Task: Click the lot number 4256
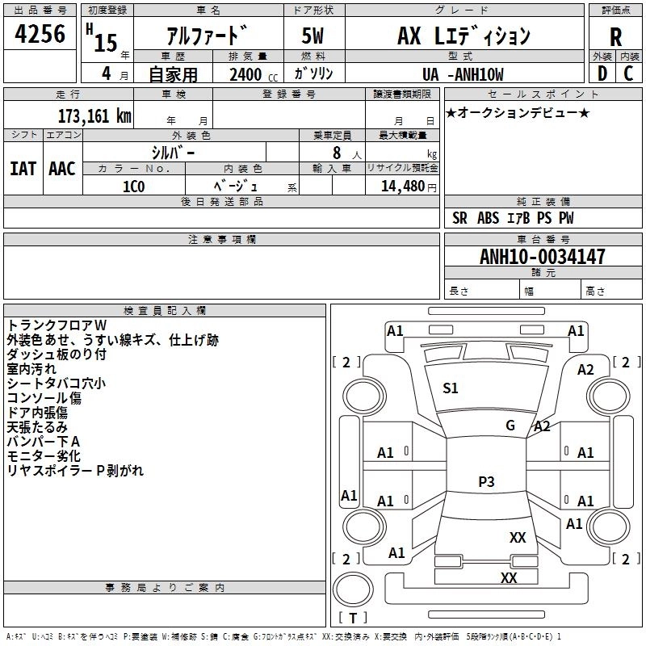tap(40, 33)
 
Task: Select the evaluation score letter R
tap(615, 36)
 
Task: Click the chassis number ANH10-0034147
tap(542, 258)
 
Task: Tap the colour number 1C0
tap(133, 185)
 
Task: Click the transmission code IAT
tap(23, 168)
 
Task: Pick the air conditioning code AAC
tap(61, 168)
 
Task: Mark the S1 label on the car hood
tap(450, 388)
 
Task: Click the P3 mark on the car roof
tap(485, 481)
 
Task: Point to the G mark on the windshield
tap(510, 425)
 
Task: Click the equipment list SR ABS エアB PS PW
tap(513, 218)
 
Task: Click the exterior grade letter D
tap(602, 73)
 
